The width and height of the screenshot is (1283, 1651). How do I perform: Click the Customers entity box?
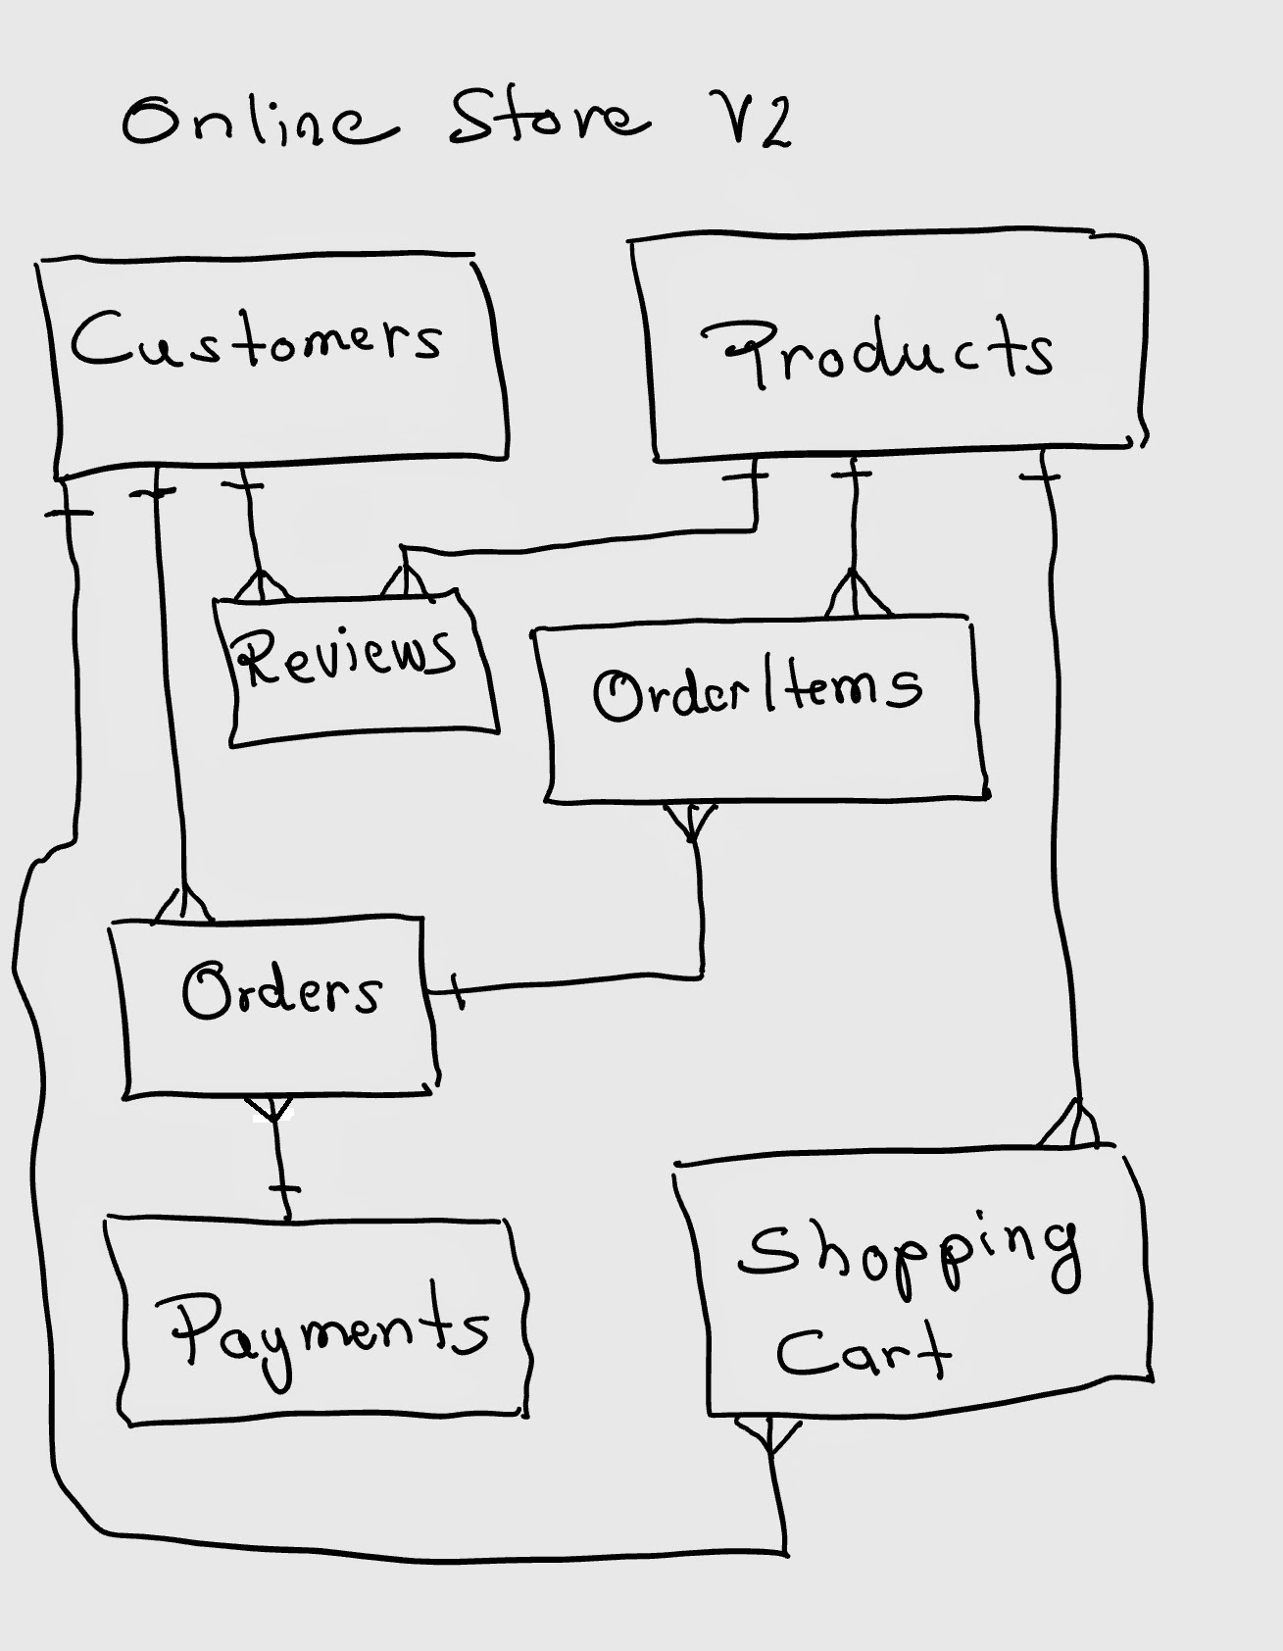pyautogui.click(x=274, y=363)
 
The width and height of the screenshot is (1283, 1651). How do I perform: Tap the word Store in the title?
pyautogui.click(x=549, y=118)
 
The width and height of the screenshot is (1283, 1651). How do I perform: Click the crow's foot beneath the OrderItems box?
pyautogui.click(x=692, y=822)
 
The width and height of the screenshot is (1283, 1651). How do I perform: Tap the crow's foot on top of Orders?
pyautogui.click(x=183, y=905)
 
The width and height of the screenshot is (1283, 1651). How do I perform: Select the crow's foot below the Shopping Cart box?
pyautogui.click(x=768, y=1436)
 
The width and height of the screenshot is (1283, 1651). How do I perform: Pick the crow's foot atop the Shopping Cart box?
pyautogui.click(x=1072, y=1126)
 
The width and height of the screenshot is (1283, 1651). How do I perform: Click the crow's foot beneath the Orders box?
pyautogui.click(x=274, y=1110)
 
